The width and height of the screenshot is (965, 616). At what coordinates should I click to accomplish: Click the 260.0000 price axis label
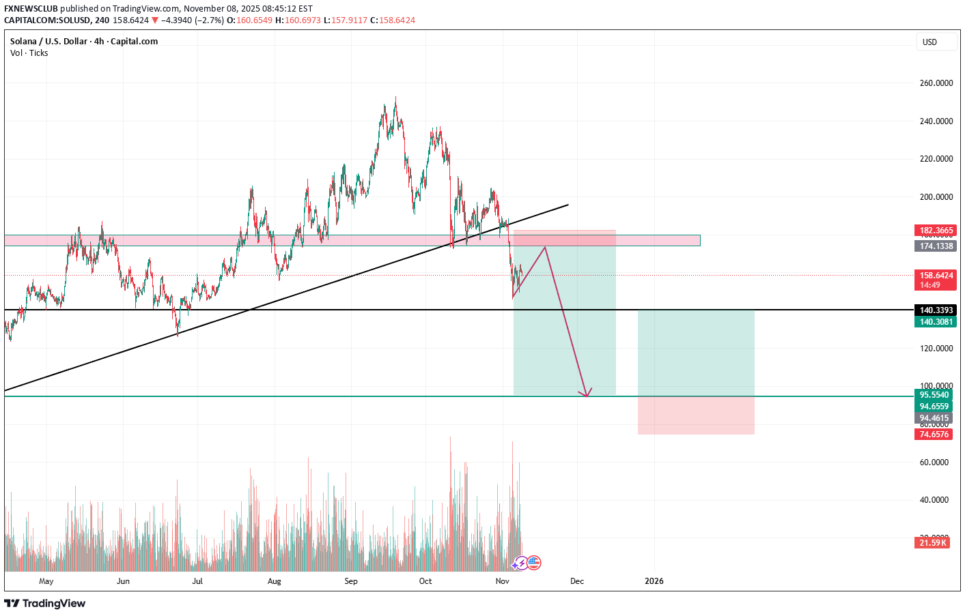[x=936, y=83]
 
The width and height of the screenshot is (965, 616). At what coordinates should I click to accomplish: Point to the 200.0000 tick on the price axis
[x=936, y=197]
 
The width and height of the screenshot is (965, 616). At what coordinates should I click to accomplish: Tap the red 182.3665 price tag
[x=935, y=231]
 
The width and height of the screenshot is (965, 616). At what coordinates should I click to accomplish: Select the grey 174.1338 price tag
[x=935, y=246]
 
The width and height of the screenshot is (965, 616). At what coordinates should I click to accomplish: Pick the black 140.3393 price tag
[x=935, y=310]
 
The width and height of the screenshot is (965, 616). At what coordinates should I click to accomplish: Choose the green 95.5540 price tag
[x=934, y=395]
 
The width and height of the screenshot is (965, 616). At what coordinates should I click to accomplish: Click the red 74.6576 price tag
[x=934, y=435]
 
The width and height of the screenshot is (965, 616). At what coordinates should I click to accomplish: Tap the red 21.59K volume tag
[x=932, y=543]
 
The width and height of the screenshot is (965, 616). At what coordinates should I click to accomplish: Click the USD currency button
[x=930, y=42]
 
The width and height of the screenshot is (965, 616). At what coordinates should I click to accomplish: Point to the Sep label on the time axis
[x=351, y=582]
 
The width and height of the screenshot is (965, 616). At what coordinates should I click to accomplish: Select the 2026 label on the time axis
[x=654, y=582]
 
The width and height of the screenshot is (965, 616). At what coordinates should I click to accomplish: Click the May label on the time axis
[x=46, y=582]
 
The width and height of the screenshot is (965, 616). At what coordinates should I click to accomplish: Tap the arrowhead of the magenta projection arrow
[x=586, y=394]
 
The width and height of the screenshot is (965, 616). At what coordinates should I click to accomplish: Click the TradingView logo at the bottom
[x=45, y=604]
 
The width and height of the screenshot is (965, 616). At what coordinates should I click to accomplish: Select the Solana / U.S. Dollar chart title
[x=84, y=42]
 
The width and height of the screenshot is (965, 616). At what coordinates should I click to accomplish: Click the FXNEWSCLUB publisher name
[x=31, y=9]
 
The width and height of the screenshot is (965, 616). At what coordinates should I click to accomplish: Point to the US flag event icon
[x=534, y=563]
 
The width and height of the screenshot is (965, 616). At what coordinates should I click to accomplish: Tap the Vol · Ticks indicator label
[x=29, y=53]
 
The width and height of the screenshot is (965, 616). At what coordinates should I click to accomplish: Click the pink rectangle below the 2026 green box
[x=696, y=415]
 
